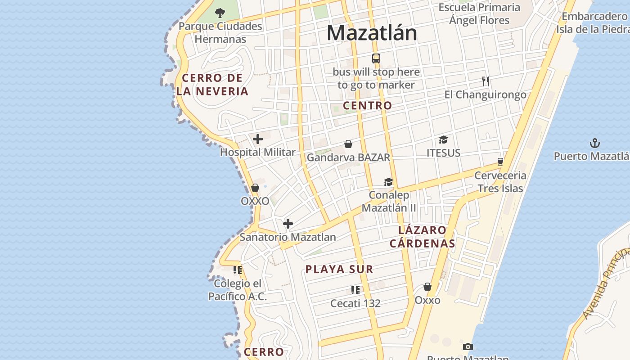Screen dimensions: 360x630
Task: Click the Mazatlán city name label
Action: coord(372,33)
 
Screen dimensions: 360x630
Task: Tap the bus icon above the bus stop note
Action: coord(376,58)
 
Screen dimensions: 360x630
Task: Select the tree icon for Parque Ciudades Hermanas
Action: coord(220,13)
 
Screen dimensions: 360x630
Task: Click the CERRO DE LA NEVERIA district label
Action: coord(212,85)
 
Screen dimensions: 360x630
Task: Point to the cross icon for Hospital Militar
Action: coord(258,139)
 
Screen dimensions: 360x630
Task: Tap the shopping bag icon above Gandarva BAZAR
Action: coord(348,144)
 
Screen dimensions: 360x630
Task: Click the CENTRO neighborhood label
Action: coord(368,106)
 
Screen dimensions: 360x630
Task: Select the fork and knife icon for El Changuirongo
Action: coord(485,81)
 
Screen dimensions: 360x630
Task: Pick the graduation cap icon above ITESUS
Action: coord(443,139)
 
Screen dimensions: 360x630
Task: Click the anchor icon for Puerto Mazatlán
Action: coord(595,143)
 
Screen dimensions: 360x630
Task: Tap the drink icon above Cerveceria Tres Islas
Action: coord(500,162)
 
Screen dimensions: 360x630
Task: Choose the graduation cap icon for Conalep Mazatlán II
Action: coord(388,182)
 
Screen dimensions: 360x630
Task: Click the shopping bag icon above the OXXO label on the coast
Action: coord(255,188)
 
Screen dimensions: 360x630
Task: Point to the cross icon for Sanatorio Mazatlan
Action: coord(288,224)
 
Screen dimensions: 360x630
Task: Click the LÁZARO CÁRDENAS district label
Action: coord(423,237)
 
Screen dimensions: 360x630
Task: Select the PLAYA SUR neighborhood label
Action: coord(339,270)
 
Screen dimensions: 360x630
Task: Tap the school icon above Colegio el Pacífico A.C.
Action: coord(238,270)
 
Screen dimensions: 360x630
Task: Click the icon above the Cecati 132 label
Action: coord(355,290)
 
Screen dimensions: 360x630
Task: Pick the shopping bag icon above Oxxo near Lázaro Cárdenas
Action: coord(427,287)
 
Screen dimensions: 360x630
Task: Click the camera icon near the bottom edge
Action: coord(468,346)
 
